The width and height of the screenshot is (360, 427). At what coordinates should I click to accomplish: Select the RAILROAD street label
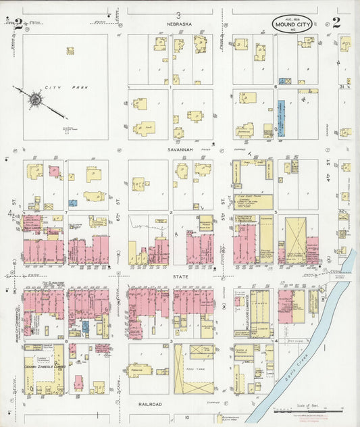(147, 404)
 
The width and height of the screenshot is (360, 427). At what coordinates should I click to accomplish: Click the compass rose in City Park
(34, 99)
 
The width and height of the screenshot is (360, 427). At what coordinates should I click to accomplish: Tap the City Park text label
(55, 89)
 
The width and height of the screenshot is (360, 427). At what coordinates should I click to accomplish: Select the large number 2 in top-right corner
(336, 22)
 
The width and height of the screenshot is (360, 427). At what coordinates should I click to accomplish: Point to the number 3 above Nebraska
(179, 15)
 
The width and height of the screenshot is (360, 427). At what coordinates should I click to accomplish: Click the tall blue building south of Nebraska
(280, 119)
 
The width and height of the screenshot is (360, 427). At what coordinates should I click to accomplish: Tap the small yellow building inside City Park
(70, 50)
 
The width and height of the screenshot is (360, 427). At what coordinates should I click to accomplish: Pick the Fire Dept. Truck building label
(253, 195)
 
